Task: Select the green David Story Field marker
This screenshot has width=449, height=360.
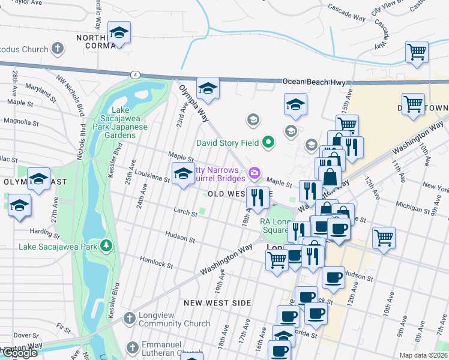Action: click(x=268, y=143)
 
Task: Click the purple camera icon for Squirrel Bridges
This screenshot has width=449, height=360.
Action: click(x=255, y=173)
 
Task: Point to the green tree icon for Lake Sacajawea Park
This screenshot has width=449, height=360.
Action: click(x=106, y=245)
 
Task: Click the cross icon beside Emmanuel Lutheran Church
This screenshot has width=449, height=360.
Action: click(x=133, y=347)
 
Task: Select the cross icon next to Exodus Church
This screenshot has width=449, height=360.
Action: click(x=58, y=48)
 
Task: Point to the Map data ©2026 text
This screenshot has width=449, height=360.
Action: click(x=424, y=355)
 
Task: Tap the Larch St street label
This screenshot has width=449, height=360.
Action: click(x=185, y=212)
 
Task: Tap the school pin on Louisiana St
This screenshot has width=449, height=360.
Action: click(x=184, y=174)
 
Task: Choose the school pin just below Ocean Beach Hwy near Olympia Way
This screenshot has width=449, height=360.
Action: click(x=208, y=89)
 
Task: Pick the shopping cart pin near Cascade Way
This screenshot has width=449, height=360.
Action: click(x=417, y=52)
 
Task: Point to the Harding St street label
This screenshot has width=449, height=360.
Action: click(x=41, y=230)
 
